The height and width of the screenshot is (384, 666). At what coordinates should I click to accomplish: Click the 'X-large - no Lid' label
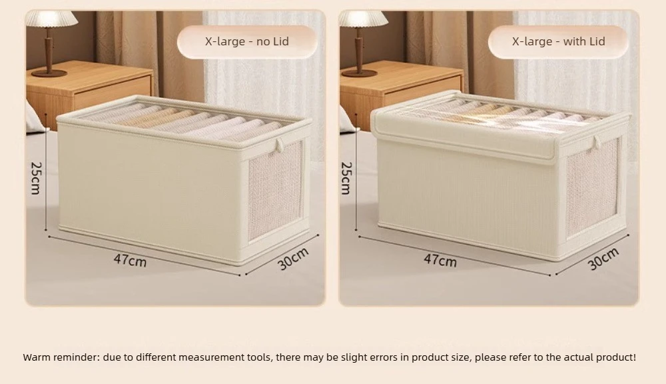(x=247, y=42)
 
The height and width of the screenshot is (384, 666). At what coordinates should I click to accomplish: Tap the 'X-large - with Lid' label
(x=558, y=42)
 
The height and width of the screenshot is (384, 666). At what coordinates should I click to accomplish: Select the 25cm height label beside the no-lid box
(x=36, y=178)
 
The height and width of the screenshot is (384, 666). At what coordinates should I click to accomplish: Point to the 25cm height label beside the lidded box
(x=346, y=178)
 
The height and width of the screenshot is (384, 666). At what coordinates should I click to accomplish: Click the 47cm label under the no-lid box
(x=130, y=260)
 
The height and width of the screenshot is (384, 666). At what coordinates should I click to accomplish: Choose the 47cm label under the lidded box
(x=440, y=260)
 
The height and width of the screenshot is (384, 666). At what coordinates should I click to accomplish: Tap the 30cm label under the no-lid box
(x=293, y=259)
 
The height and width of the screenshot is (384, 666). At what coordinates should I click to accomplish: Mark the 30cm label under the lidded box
(x=603, y=259)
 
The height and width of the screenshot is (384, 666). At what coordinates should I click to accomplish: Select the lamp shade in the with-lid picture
(x=364, y=19)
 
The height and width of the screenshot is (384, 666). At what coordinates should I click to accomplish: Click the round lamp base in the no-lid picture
(x=49, y=73)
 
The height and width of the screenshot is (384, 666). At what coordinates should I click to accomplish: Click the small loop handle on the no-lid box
(x=280, y=145)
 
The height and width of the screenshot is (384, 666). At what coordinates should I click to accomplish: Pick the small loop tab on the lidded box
(x=597, y=142)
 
